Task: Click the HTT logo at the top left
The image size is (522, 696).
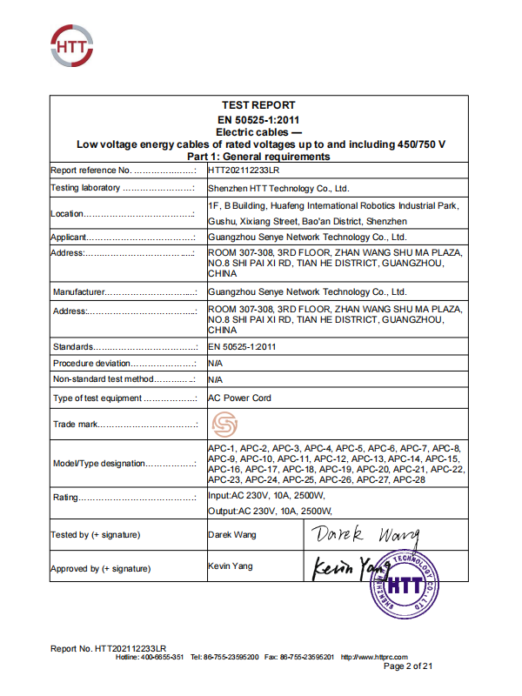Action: pyautogui.click(x=73, y=44)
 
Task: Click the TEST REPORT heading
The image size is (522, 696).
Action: pyautogui.click(x=259, y=105)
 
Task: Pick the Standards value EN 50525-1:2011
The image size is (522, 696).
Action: pyautogui.click(x=243, y=347)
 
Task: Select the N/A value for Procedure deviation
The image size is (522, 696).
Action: pyautogui.click(x=216, y=363)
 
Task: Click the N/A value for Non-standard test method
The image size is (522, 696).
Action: pyautogui.click(x=216, y=379)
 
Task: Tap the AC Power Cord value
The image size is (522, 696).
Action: pyautogui.click(x=240, y=398)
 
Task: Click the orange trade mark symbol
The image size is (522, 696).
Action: pyautogui.click(x=225, y=425)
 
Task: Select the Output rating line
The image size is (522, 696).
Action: pyautogui.click(x=271, y=511)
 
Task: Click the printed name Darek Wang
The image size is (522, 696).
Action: pyautogui.click(x=232, y=534)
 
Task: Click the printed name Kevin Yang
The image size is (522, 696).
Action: pyautogui.click(x=231, y=566)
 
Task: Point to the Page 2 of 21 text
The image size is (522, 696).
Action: pyautogui.click(x=407, y=666)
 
